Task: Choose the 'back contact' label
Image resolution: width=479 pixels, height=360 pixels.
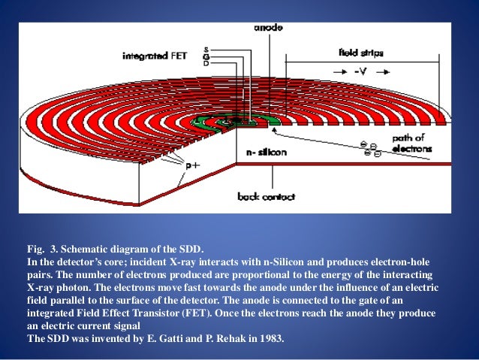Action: pos(267,197)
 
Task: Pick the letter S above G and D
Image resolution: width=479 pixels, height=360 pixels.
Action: pos(206,49)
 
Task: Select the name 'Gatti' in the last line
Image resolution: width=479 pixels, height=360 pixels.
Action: pos(162,340)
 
